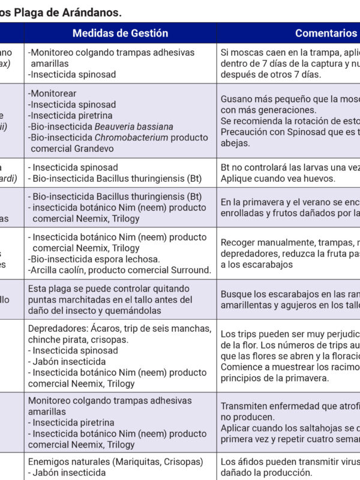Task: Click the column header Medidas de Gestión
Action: pos(120,33)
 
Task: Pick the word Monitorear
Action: pos(53,94)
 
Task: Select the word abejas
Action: pos(235,143)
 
